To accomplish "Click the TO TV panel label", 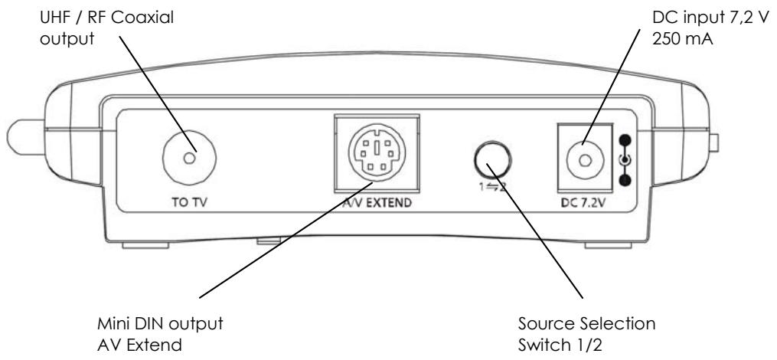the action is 188,202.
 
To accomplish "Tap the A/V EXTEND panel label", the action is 377,202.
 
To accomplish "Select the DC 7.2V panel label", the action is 585,202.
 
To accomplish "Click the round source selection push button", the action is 492,159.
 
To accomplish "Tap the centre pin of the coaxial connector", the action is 189,159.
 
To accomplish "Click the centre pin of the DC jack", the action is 585,160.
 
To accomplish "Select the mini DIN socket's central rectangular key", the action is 377,149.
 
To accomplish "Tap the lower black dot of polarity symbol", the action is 626,180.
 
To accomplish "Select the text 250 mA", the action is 682,38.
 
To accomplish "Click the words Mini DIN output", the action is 160,324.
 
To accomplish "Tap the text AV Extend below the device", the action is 140,345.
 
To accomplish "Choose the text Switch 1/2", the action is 560,345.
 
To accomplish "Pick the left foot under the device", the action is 145,245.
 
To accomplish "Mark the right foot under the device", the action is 608,245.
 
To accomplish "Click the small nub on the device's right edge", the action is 714,142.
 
